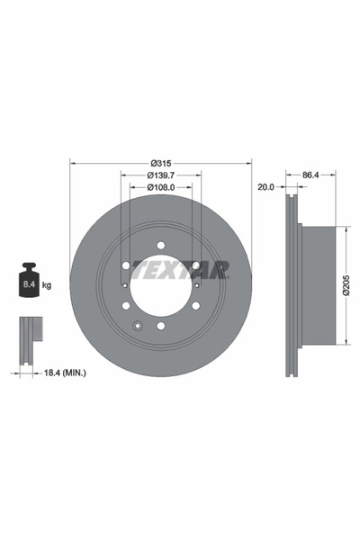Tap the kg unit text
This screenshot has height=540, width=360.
tap(46, 285)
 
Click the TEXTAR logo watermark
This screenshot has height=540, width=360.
tap(180, 269)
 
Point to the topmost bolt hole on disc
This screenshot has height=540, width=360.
tap(161, 245)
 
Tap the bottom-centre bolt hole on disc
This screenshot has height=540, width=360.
tap(161, 326)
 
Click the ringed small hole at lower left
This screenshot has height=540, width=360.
tap(138, 325)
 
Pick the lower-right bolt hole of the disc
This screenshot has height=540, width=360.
tap(196, 306)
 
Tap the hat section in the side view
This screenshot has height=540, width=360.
tap(319, 285)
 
